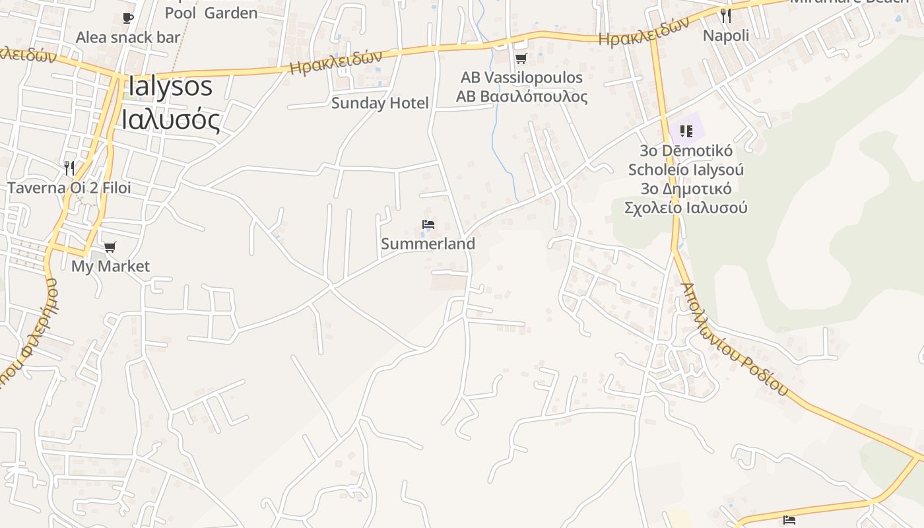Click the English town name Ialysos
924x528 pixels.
(x=170, y=86)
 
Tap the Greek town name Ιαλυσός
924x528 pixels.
(x=170, y=119)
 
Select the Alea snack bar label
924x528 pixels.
(x=128, y=37)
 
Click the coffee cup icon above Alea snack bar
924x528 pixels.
(x=128, y=18)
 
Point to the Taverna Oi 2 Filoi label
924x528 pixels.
(x=69, y=187)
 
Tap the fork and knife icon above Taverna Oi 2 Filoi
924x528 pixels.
(x=69, y=168)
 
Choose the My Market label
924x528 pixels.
(x=110, y=266)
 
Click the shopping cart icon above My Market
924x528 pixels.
(x=110, y=247)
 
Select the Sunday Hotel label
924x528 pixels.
(x=379, y=103)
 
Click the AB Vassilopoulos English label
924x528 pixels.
(x=521, y=77)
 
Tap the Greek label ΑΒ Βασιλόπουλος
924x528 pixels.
(x=521, y=96)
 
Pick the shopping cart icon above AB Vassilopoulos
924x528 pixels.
(x=521, y=58)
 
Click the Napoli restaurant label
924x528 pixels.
(x=726, y=35)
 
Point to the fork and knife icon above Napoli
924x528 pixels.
(x=726, y=16)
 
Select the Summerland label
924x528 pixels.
(x=428, y=244)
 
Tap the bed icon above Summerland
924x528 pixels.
(x=428, y=224)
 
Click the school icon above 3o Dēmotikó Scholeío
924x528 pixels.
(x=686, y=131)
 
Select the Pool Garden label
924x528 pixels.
(x=211, y=13)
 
